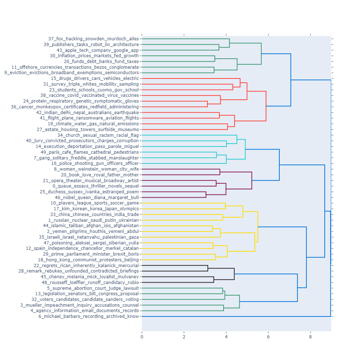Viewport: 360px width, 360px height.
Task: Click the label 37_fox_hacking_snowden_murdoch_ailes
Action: coord(93,39)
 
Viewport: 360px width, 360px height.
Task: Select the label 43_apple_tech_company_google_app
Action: coord(98,50)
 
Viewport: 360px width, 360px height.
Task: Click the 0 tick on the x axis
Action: coord(142,337)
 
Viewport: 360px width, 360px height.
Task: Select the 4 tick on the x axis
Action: coord(226,337)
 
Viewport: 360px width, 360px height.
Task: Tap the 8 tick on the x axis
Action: coord(310,337)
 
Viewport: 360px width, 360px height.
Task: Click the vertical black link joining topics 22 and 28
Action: coord(208,268)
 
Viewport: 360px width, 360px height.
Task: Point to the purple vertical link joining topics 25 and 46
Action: coord(206,194)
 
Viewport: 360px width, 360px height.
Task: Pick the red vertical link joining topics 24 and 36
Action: coord(207,104)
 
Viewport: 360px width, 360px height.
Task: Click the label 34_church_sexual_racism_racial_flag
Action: coord(98,135)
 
